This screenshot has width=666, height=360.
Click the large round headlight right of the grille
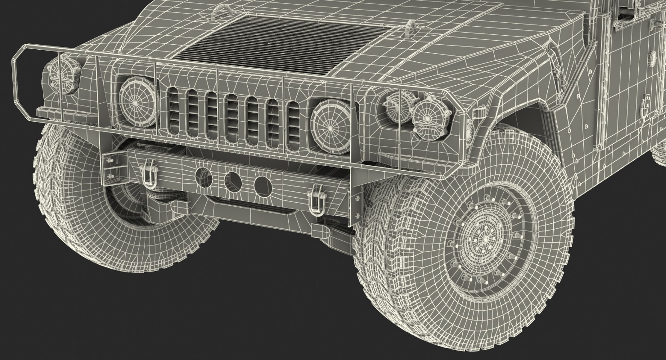[x=328, y=120]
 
